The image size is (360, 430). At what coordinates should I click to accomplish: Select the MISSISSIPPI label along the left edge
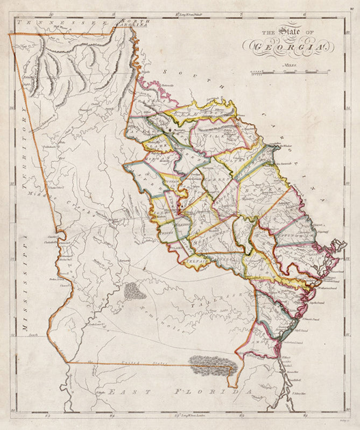24,290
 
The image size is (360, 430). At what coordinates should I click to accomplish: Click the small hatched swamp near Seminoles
135,291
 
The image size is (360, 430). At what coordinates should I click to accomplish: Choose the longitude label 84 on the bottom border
112,415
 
